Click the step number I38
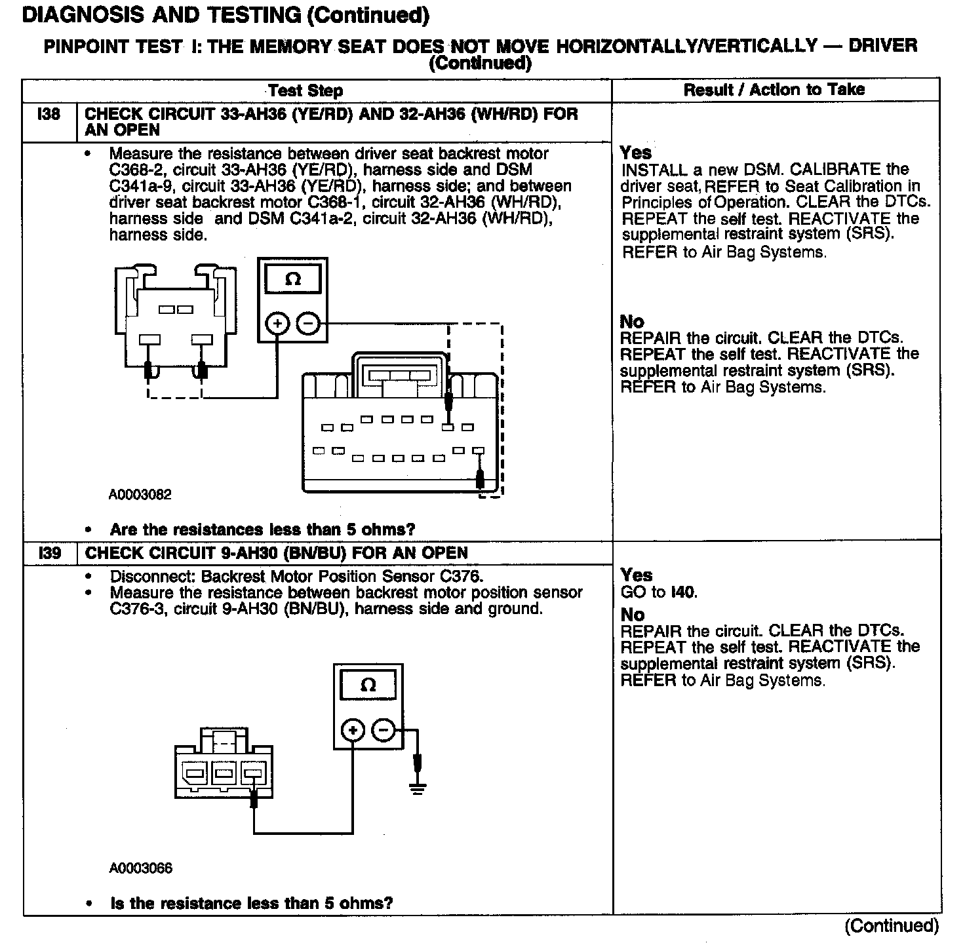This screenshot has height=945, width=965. tap(49, 115)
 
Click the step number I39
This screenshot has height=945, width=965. tap(49, 553)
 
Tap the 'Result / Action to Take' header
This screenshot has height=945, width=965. tap(774, 90)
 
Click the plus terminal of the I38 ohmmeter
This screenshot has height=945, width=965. tap(277, 324)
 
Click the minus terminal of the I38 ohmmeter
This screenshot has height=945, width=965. tap(308, 324)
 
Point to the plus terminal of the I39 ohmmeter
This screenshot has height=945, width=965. tap(353, 731)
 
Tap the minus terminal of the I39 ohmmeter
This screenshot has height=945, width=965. tap(384, 731)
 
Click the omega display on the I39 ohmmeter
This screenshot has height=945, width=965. tap(368, 685)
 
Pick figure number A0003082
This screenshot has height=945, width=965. tap(140, 495)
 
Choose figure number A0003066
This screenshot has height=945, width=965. tap(140, 868)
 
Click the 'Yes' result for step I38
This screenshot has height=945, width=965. tap(636, 153)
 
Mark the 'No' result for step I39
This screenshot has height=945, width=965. tap(633, 615)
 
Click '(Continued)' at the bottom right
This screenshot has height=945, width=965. tap(892, 925)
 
